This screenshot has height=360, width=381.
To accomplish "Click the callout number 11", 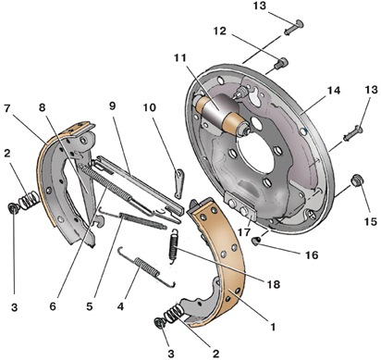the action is click(179, 57).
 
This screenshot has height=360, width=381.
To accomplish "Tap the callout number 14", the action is click(334, 91).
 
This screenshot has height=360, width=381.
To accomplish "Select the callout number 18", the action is click(274, 284).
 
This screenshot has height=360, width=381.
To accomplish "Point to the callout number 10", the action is click(150, 107).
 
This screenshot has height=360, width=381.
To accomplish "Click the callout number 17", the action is click(244, 232).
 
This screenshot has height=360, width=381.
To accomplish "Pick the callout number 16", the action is click(312, 255).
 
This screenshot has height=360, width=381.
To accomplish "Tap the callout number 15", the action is click(370, 221).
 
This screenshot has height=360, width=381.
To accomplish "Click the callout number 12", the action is click(220, 31).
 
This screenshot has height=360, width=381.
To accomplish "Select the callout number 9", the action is click(112, 106).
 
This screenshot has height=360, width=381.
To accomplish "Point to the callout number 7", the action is click(7, 108).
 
